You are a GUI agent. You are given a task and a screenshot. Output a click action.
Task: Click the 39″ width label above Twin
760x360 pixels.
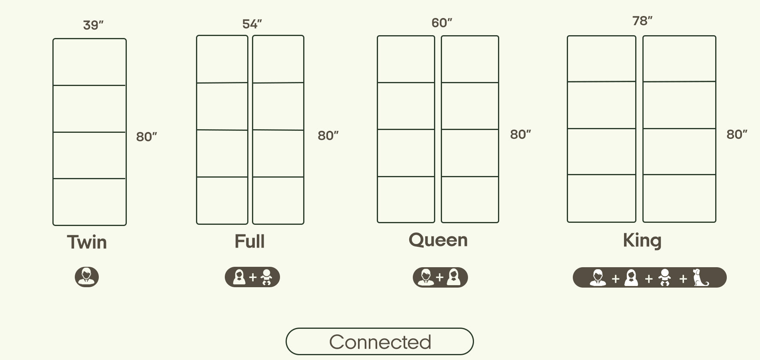coord(93,25)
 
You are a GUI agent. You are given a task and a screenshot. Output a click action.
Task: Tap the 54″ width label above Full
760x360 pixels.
coord(252,24)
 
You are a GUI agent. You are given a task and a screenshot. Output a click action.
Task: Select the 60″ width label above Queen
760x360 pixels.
coord(442,23)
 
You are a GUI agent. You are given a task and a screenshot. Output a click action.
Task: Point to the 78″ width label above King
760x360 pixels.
coord(642,21)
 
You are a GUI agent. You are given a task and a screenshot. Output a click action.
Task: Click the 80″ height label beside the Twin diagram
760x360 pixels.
coord(146,137)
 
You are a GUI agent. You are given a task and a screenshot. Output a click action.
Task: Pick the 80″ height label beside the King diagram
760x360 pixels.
coord(737,134)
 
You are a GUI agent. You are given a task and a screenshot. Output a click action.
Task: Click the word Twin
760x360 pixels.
coord(87,242)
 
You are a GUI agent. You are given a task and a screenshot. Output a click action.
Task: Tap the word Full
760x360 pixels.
coord(250,242)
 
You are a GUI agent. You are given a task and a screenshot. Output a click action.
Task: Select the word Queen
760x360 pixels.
coord(438,240)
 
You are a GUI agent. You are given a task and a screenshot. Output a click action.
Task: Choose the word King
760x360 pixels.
coord(642,240)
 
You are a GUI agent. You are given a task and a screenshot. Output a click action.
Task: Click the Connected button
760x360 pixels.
coord(380,342)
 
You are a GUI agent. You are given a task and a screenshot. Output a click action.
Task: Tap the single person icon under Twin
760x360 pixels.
coord(87,277)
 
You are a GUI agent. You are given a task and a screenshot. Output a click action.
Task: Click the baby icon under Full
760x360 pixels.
coord(266,277)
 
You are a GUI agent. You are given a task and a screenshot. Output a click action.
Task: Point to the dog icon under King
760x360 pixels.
coord(700,278)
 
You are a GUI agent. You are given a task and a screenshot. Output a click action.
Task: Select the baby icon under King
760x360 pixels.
coord(665,278)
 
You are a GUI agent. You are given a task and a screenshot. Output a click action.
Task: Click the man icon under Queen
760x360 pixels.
coord(426,278)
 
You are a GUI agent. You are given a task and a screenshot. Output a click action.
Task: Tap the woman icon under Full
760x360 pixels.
coord(239,277)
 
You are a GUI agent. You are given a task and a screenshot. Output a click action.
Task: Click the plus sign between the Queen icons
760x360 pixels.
coord(440,278)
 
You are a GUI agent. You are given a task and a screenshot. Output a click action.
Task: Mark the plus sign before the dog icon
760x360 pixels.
coord(683,278)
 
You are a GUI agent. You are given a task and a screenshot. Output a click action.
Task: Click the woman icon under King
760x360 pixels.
coord(631,278)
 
